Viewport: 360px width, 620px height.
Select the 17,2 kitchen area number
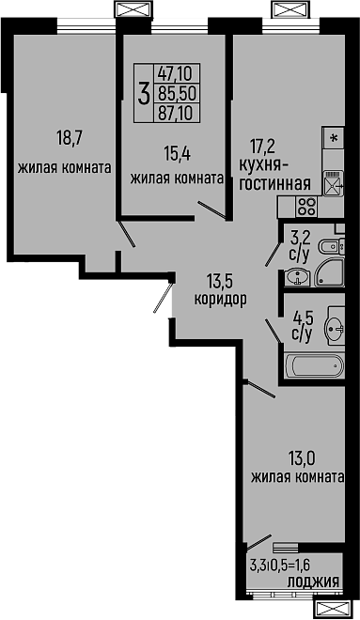pyautogui.click(x=262, y=146)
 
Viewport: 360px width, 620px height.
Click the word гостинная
pyautogui.click(x=274, y=183)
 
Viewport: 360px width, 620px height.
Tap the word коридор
pyautogui.click(x=220, y=301)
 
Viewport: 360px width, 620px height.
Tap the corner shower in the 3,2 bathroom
pyautogui.click(x=331, y=273)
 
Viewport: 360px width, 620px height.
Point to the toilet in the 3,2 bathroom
pyautogui.click(x=325, y=246)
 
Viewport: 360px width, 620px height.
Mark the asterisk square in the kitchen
pyautogui.click(x=332, y=137)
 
